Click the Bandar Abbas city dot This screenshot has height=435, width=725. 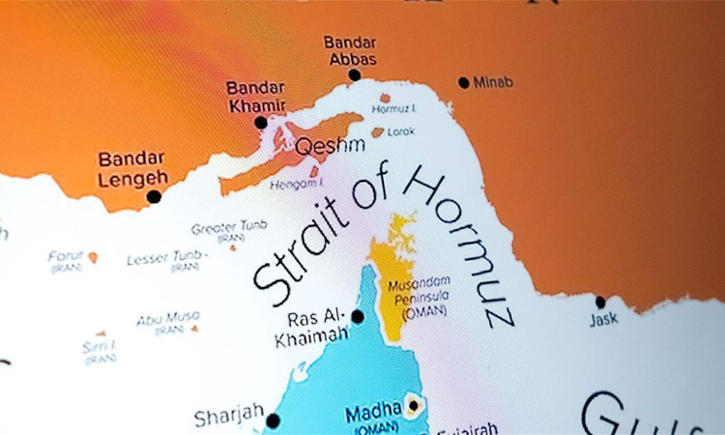pyautogui.click(x=355, y=74)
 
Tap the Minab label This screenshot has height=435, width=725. pyautogui.click(x=494, y=83)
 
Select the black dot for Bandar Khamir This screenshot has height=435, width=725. pyautogui.click(x=261, y=123)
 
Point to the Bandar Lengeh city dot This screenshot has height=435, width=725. pyautogui.click(x=154, y=196)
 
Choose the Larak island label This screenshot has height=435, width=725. pyautogui.click(x=401, y=131)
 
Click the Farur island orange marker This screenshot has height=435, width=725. pyautogui.click(x=93, y=257)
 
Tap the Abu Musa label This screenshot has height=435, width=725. pyautogui.click(x=167, y=318)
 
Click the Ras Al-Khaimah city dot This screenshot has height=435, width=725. pyautogui.click(x=358, y=316)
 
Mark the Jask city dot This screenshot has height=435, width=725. pyautogui.click(x=600, y=303)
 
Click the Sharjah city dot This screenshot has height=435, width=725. pyautogui.click(x=273, y=420)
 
